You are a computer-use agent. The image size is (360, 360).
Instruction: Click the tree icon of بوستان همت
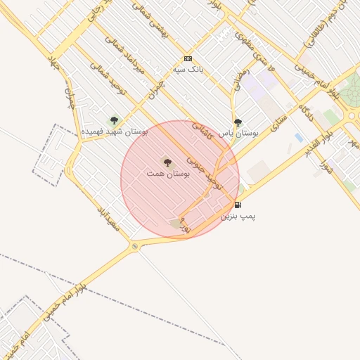coord(167,162)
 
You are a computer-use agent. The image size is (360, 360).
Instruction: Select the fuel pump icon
coord(238,205)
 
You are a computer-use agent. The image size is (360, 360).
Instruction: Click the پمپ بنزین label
coord(238,217)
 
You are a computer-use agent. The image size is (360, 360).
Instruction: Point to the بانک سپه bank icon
coord(188,58)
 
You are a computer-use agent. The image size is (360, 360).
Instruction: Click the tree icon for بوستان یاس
coord(237,122)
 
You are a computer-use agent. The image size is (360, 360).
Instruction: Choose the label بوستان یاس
coord(238,132)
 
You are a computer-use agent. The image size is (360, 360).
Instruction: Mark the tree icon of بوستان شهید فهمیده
coord(114,120)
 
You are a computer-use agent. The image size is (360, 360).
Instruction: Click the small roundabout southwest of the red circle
coord(134,246)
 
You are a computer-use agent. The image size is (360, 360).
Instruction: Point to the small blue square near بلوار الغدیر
coord(299,138)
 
